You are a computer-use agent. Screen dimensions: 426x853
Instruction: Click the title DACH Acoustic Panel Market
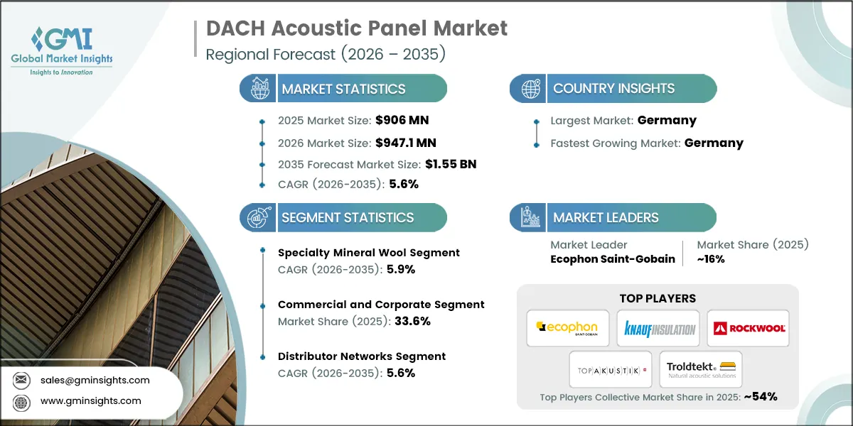coord(357,29)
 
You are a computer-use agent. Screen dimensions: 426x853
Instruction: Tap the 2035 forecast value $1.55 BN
coord(451,164)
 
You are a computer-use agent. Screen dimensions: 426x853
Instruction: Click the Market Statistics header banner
coord(343,89)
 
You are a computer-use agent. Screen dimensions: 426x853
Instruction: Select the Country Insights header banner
coord(613,89)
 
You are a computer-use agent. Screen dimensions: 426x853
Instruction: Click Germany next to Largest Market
coord(667,120)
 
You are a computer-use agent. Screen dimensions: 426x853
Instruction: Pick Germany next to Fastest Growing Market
coord(714,143)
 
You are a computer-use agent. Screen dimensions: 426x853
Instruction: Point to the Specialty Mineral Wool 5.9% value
coord(401,269)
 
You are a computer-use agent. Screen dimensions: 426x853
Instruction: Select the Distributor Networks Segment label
coord(362,356)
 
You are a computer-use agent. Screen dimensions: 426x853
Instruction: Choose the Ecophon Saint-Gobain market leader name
coord(613,259)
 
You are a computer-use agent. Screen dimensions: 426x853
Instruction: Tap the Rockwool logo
coord(748,328)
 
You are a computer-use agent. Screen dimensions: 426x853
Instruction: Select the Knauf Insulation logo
coord(658,328)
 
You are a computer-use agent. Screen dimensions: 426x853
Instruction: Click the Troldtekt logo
coord(701,369)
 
